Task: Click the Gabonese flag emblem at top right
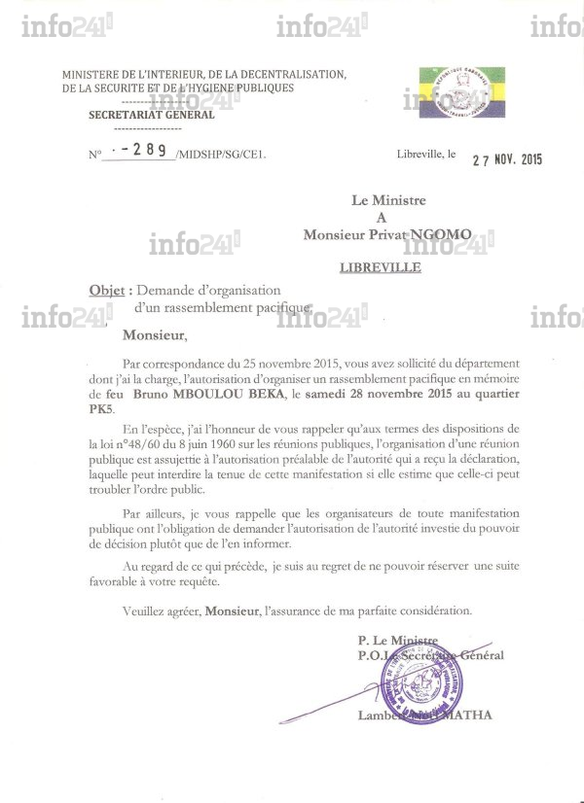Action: [x=462, y=90]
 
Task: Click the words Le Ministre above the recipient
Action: [x=388, y=200]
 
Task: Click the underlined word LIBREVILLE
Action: [x=381, y=267]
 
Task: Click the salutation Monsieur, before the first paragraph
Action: [x=154, y=335]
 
